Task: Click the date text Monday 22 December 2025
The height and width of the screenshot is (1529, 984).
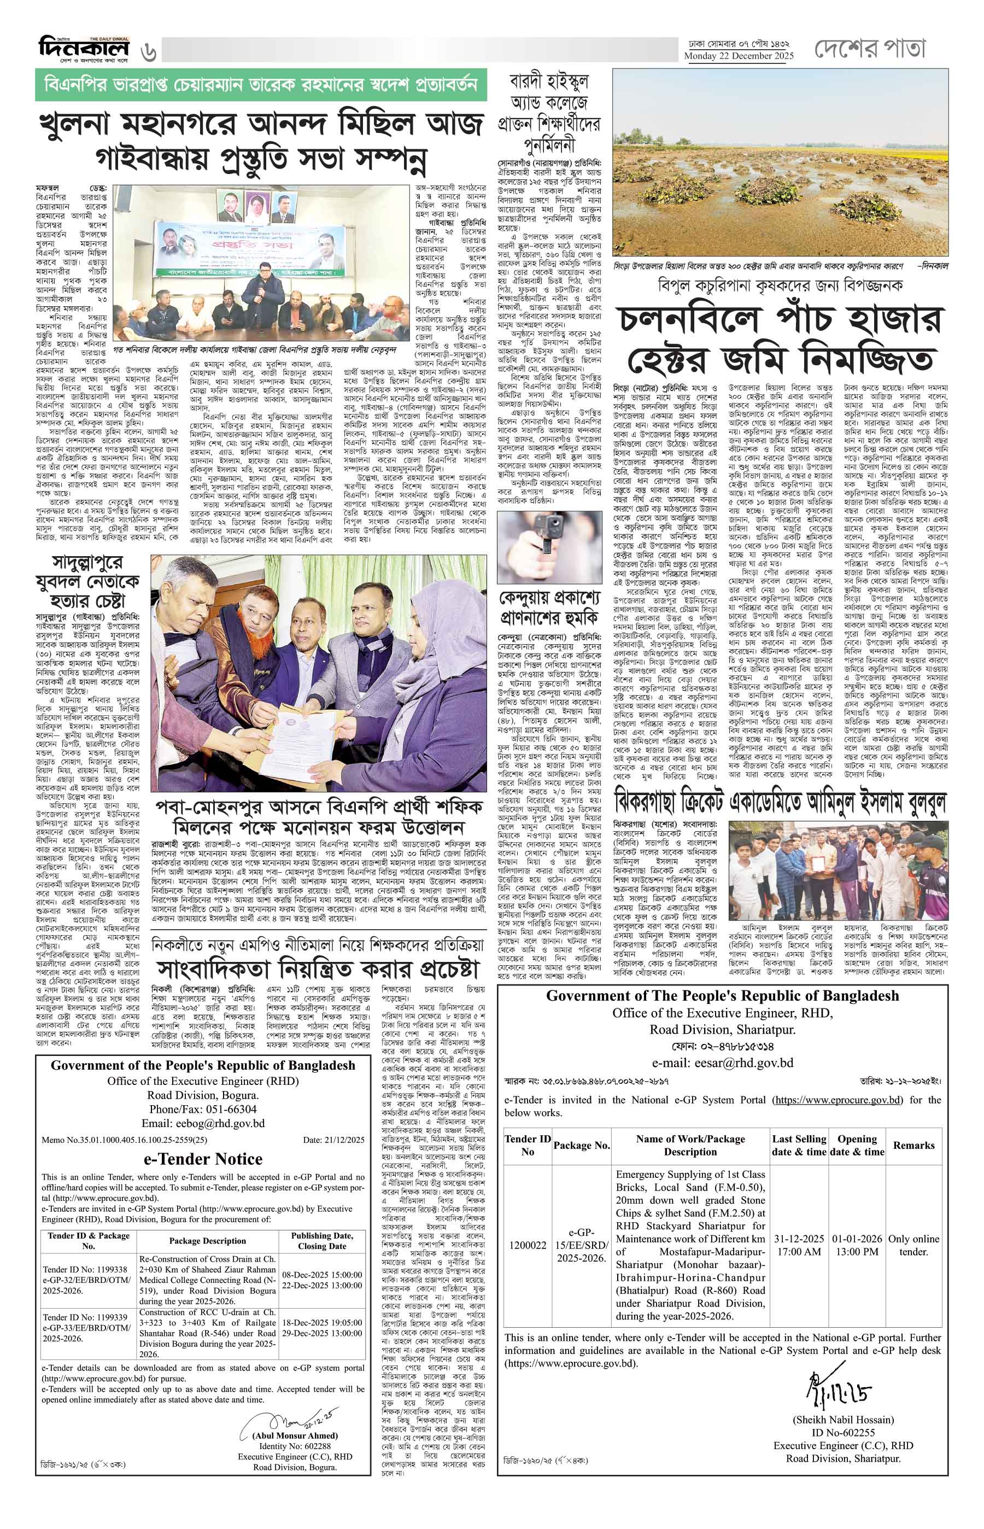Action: coord(739,56)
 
